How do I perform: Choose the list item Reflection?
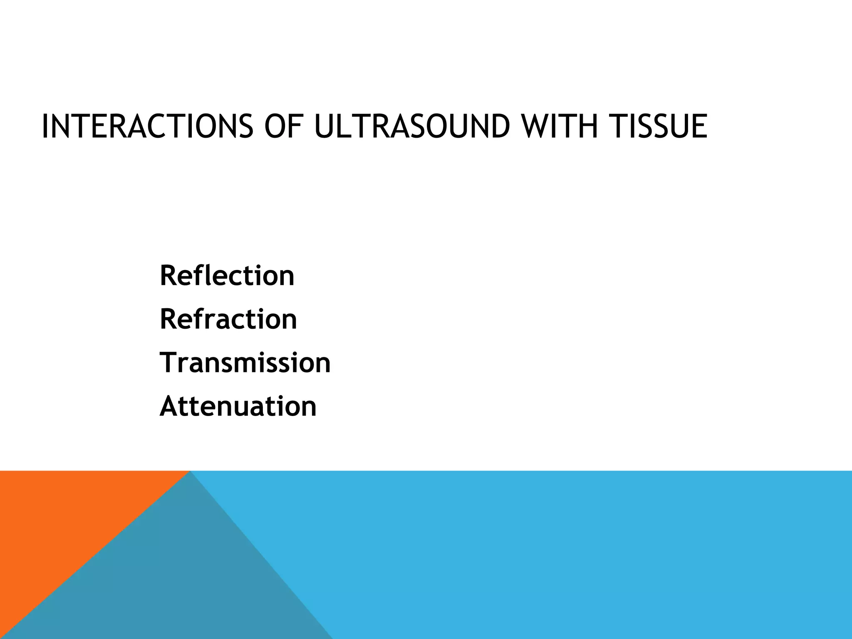point(227,275)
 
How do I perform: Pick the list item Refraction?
point(228,319)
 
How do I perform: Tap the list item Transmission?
point(245,362)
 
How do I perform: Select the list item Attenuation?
point(238,406)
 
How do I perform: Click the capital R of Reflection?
point(168,275)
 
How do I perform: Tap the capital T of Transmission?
point(168,362)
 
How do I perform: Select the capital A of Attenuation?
point(169,406)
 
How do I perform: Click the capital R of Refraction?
point(168,319)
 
